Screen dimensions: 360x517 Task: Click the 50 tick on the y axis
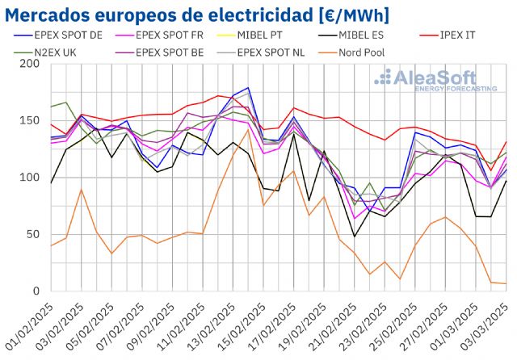[32, 234]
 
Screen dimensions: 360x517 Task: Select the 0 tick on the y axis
[36, 291]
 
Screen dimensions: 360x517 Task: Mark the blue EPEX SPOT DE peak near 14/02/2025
[248, 88]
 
